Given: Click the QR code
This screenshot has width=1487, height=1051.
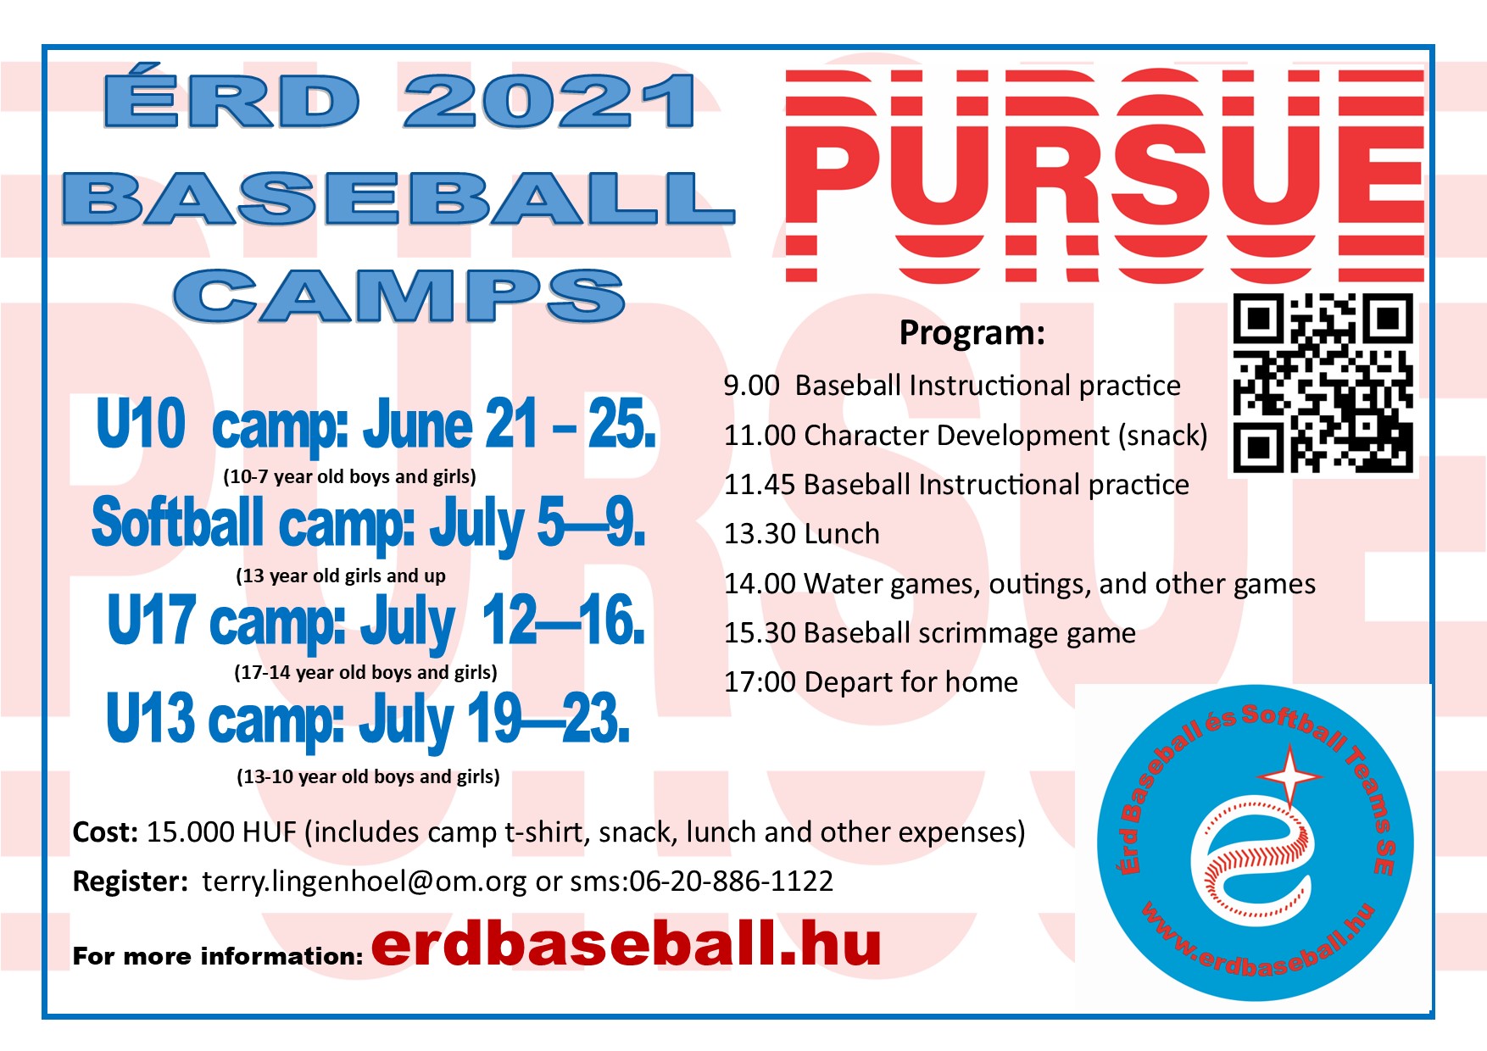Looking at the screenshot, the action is [1323, 383].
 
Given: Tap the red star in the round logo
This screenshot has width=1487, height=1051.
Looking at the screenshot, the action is [1289, 775].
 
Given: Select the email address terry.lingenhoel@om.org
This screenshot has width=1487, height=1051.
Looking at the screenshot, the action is [365, 882].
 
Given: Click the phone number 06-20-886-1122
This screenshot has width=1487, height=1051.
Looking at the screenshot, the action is [731, 881].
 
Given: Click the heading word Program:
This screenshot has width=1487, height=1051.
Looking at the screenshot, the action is [972, 333].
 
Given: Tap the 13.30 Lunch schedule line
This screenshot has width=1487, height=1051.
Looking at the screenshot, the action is [801, 534].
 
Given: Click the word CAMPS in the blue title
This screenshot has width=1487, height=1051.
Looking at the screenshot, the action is [399, 296].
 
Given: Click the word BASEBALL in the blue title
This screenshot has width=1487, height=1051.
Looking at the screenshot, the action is [398, 198].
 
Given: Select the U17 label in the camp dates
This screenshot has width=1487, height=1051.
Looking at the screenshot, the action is [152, 620].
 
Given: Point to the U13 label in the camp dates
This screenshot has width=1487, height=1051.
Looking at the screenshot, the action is [151, 717].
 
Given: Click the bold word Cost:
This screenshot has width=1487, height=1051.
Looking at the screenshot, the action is [105, 832].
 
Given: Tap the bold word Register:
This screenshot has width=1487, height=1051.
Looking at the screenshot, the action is [131, 882].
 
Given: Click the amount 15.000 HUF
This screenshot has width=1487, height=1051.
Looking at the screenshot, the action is [221, 832].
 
